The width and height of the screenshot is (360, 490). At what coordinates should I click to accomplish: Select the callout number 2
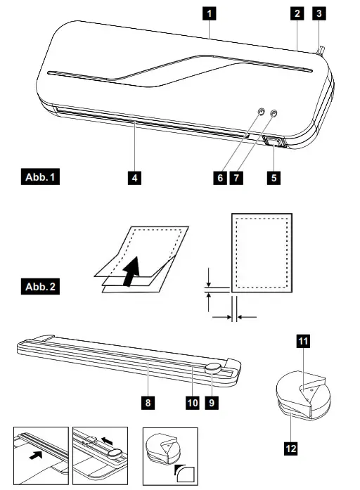pos(298,13)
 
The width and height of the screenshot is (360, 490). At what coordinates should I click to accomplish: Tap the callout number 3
pos(320,13)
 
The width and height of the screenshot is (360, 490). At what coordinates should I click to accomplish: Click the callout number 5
pos(274,178)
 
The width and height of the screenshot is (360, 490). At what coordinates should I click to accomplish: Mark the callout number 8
pos(149,403)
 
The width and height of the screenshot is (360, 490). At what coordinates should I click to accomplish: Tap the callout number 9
pos(211,403)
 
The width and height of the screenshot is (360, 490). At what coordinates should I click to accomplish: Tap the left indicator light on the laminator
pos(261,112)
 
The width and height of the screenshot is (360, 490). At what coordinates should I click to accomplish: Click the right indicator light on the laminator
pos(274,112)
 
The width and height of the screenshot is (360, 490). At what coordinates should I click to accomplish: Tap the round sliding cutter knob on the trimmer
pos(213,369)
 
